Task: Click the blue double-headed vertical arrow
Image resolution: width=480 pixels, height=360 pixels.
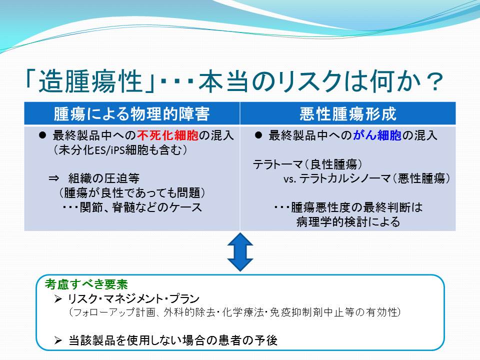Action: coord(240,252)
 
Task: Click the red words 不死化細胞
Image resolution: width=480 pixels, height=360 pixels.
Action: coord(168,135)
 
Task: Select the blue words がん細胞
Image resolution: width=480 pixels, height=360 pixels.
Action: coord(377,135)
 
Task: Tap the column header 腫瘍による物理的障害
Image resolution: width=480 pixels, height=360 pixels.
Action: coord(132,114)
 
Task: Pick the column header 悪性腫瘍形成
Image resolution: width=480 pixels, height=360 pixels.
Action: coord(348,114)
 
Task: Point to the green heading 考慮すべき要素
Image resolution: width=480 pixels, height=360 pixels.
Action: coord(86,284)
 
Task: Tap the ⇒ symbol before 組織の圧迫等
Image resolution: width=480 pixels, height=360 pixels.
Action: coord(54,178)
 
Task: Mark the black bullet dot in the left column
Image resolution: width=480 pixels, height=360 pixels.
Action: coord(42,135)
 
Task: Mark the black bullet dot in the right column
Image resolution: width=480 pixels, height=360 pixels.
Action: coord(258,135)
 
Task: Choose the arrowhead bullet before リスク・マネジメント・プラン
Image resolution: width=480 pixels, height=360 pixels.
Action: coord(58,299)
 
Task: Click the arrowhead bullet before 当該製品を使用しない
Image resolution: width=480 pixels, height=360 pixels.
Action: coord(58,340)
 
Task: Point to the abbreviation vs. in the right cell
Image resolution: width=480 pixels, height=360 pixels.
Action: coord(289,179)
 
